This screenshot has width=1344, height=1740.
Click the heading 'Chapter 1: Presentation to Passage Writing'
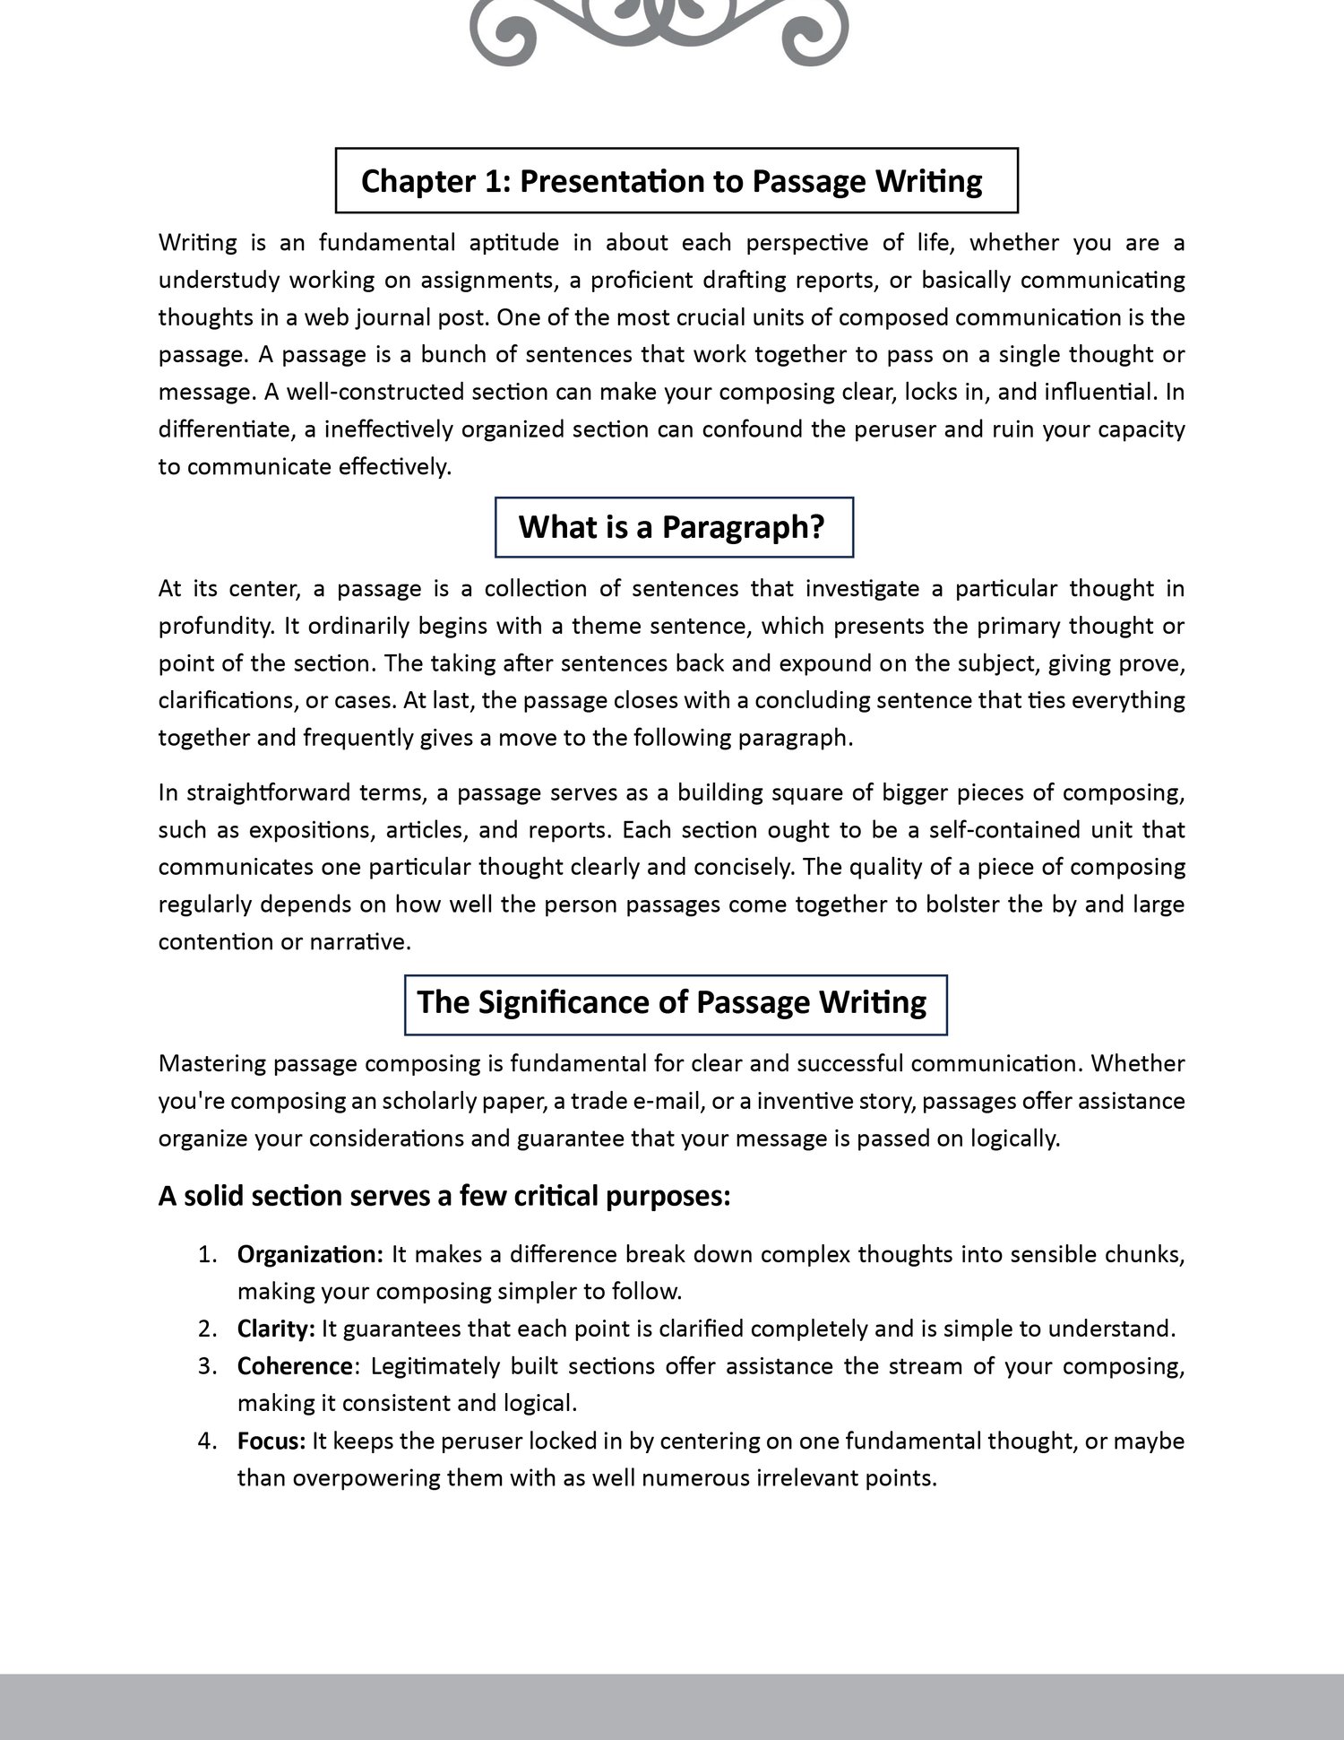[x=672, y=181]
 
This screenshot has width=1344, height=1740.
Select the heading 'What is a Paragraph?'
[x=672, y=527]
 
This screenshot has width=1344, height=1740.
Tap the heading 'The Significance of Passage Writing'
[x=672, y=1002]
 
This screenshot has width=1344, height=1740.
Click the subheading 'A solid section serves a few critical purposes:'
[x=444, y=1196]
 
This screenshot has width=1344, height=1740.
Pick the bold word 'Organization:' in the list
[x=310, y=1254]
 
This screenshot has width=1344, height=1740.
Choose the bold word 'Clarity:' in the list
[x=276, y=1329]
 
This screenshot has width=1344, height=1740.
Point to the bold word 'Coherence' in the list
[x=294, y=1366]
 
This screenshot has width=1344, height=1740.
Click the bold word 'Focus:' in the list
[x=271, y=1441]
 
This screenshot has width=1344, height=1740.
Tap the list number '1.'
[x=208, y=1254]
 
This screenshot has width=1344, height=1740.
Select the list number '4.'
[x=208, y=1441]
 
